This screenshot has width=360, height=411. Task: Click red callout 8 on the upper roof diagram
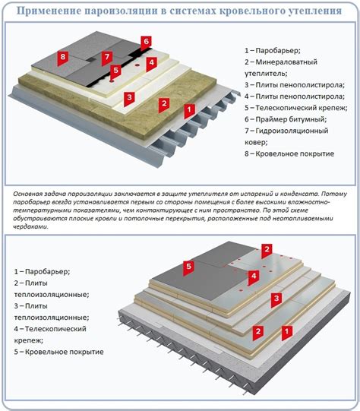(62, 58)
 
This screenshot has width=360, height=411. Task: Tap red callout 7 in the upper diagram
(107, 58)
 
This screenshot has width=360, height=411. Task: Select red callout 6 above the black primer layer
(146, 43)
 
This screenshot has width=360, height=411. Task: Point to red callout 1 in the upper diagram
(189, 110)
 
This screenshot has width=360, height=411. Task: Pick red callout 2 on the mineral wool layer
(164, 104)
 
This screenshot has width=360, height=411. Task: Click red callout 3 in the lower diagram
(276, 299)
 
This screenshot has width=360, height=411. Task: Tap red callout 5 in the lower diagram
(188, 267)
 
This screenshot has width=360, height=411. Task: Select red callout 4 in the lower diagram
(254, 277)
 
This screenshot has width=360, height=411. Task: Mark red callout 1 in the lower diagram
(287, 332)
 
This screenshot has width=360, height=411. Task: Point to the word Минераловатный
(286, 62)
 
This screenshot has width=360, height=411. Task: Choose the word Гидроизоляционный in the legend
(292, 131)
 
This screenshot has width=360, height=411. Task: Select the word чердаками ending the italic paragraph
(30, 226)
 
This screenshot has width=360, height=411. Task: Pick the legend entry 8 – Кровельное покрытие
(289, 153)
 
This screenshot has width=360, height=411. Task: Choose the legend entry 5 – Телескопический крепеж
(296, 108)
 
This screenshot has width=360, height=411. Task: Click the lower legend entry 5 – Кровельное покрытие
(59, 352)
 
